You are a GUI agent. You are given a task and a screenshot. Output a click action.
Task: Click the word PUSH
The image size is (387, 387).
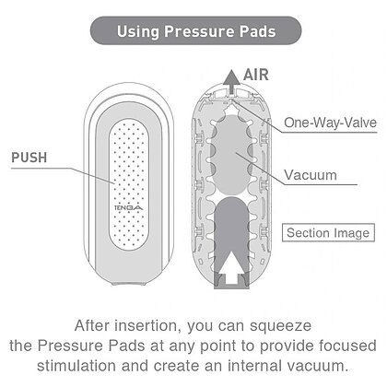click(x=29, y=158)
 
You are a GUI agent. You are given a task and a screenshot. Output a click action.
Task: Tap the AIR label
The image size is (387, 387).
click(x=256, y=75)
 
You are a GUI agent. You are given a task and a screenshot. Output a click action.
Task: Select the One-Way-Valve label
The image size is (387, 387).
click(x=330, y=123)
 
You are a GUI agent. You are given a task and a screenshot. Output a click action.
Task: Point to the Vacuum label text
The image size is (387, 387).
click(x=311, y=175)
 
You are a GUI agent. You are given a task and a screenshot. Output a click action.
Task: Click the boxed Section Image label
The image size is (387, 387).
click(x=328, y=232)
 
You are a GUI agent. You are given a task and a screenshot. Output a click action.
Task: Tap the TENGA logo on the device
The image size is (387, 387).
click(x=129, y=208)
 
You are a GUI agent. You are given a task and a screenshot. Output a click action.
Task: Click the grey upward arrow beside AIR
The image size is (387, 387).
click(x=231, y=82)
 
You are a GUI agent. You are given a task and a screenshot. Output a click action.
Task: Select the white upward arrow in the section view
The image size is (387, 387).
click(x=231, y=267)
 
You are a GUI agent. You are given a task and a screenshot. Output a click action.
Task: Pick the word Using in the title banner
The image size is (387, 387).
click(x=138, y=31)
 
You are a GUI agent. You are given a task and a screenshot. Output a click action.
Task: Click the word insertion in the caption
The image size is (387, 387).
click(x=147, y=325)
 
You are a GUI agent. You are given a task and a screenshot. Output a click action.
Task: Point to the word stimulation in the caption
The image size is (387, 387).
click(x=76, y=366)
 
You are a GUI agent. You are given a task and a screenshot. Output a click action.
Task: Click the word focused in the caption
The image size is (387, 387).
click(x=347, y=346)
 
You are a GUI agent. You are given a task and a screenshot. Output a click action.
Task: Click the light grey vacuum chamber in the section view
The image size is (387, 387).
click(x=231, y=158)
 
